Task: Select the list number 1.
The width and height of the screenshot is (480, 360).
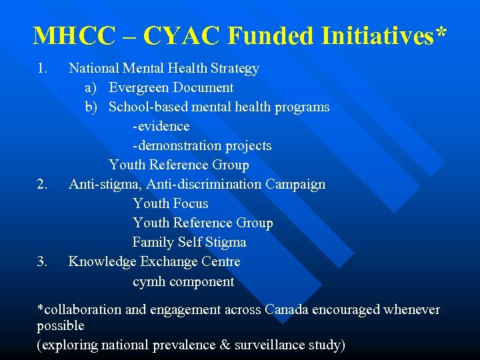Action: (43, 68)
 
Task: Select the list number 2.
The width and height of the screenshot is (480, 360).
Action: (43, 184)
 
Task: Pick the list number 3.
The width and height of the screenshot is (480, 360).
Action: (43, 261)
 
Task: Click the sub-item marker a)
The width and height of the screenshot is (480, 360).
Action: (92, 87)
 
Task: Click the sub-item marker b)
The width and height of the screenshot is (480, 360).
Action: (92, 107)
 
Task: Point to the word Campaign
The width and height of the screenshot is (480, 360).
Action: (295, 184)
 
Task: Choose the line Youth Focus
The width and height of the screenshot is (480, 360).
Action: (170, 203)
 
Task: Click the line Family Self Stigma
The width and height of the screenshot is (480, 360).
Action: (189, 242)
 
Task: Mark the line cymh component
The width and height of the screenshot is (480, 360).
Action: (183, 281)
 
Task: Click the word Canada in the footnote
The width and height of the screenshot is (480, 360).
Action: (287, 310)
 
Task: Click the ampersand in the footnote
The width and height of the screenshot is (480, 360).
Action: (225, 345)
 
